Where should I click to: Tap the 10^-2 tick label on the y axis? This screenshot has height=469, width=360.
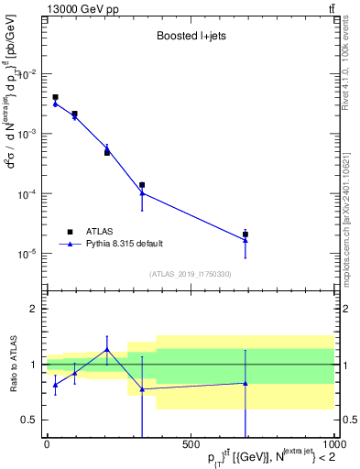point(27,74)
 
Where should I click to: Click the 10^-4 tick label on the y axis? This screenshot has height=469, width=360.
point(27,194)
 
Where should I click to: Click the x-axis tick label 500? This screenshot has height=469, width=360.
point(191,445)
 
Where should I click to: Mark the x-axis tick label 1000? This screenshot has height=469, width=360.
point(333,445)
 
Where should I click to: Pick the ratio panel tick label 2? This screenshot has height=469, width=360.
point(33,309)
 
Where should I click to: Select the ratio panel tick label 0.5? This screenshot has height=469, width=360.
point(29,420)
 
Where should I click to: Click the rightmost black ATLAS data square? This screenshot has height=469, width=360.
point(245,234)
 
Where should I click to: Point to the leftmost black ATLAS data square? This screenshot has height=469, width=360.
point(55,97)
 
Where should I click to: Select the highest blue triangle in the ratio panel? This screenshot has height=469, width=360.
point(107,349)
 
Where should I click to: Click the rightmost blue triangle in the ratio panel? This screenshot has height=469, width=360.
point(245,383)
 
